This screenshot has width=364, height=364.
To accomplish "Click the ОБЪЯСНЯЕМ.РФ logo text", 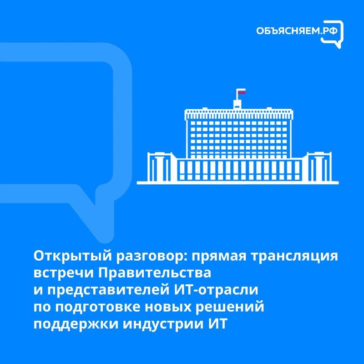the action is pyautogui.click(x=297, y=31).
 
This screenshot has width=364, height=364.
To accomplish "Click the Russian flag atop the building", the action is pyautogui.click(x=242, y=91).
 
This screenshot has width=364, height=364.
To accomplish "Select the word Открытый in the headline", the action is pyautogui.click(x=73, y=256).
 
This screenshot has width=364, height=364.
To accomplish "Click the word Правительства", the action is pyautogui.click(x=155, y=273).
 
